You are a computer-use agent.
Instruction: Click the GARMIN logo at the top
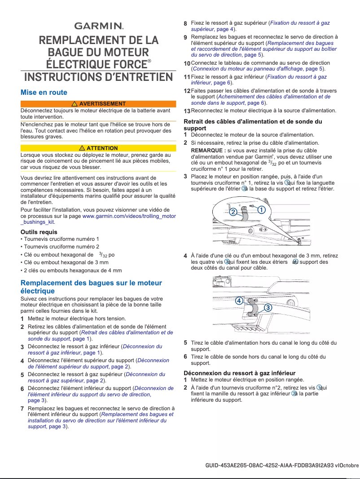pyautogui.click(x=98, y=26)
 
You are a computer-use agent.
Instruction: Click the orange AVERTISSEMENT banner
pyautogui.click(x=98, y=104)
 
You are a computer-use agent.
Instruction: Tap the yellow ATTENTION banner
pyautogui.click(x=98, y=148)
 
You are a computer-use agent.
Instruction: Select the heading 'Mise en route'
pyautogui.click(x=44, y=93)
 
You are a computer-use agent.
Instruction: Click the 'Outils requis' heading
pyautogui.click(x=39, y=232)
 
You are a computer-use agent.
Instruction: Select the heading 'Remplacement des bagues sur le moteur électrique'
pyautogui.click(x=91, y=287)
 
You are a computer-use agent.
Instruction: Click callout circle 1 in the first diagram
pyautogui.click(x=261, y=210)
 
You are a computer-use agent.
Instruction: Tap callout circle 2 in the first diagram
pyautogui.click(x=233, y=212)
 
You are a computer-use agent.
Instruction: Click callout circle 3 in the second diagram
pyautogui.click(x=268, y=307)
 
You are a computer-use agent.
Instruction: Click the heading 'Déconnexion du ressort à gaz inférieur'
pyautogui.click(x=240, y=373)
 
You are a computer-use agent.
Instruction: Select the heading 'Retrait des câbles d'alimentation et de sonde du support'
pyautogui.click(x=253, y=124)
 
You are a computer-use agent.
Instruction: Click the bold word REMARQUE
pyautogui.click(x=208, y=150)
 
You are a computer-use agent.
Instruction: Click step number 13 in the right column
pyautogui.click(x=187, y=111)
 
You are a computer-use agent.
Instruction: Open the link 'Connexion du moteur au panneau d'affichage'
pyautogui.click(x=248, y=69)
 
